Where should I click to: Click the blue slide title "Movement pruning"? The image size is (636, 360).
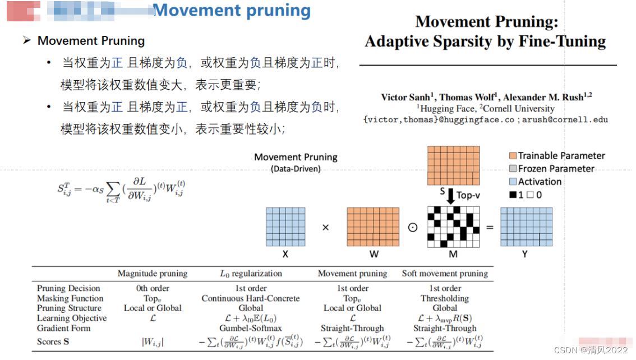click(x=232, y=11)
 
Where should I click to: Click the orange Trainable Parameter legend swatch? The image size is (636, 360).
click(x=513, y=156)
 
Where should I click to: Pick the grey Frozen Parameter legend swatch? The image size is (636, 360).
click(x=513, y=169)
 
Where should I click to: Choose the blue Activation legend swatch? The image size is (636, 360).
click(x=513, y=182)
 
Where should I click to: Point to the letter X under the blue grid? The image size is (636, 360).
click(x=285, y=254)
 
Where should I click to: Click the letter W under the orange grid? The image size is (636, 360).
click(x=374, y=254)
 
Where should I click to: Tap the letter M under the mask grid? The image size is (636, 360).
click(x=454, y=254)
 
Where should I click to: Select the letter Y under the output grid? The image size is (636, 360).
click(x=525, y=254)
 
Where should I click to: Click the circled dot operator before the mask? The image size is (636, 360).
click(x=413, y=228)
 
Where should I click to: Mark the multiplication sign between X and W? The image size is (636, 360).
click(x=325, y=228)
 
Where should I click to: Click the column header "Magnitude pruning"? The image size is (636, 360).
click(x=153, y=274)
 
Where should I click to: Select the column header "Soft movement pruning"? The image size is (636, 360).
click(x=445, y=274)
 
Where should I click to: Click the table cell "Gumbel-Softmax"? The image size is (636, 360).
click(x=251, y=328)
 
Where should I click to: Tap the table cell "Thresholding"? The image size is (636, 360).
click(x=445, y=298)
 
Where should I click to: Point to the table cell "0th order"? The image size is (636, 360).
click(x=153, y=288)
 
